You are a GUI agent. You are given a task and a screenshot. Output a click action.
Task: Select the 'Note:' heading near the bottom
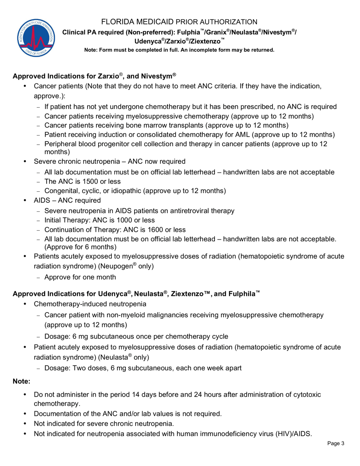point(22,381)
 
